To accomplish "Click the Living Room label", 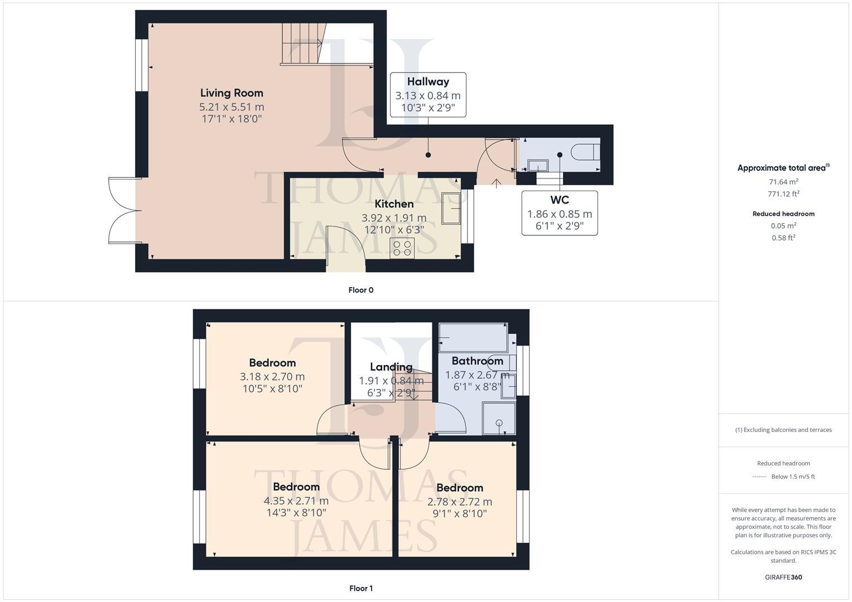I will (x=232, y=93).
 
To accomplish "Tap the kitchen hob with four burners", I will (x=402, y=248).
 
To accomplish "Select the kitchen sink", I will (x=451, y=208).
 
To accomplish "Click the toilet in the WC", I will (x=586, y=152).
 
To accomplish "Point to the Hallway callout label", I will (x=428, y=81).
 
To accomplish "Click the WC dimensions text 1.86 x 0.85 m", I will (x=560, y=214).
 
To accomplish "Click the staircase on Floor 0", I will (x=302, y=43).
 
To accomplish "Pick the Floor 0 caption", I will (x=360, y=290).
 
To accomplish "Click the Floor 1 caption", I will (x=360, y=588).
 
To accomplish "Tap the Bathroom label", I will (x=477, y=361).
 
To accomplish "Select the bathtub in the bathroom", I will (x=473, y=337).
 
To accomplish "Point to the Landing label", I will (x=391, y=367).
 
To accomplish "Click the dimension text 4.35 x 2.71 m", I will (x=296, y=501).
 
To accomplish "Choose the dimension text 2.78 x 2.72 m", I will (x=460, y=502).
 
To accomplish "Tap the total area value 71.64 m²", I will (x=783, y=182).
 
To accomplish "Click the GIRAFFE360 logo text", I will (x=783, y=577).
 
